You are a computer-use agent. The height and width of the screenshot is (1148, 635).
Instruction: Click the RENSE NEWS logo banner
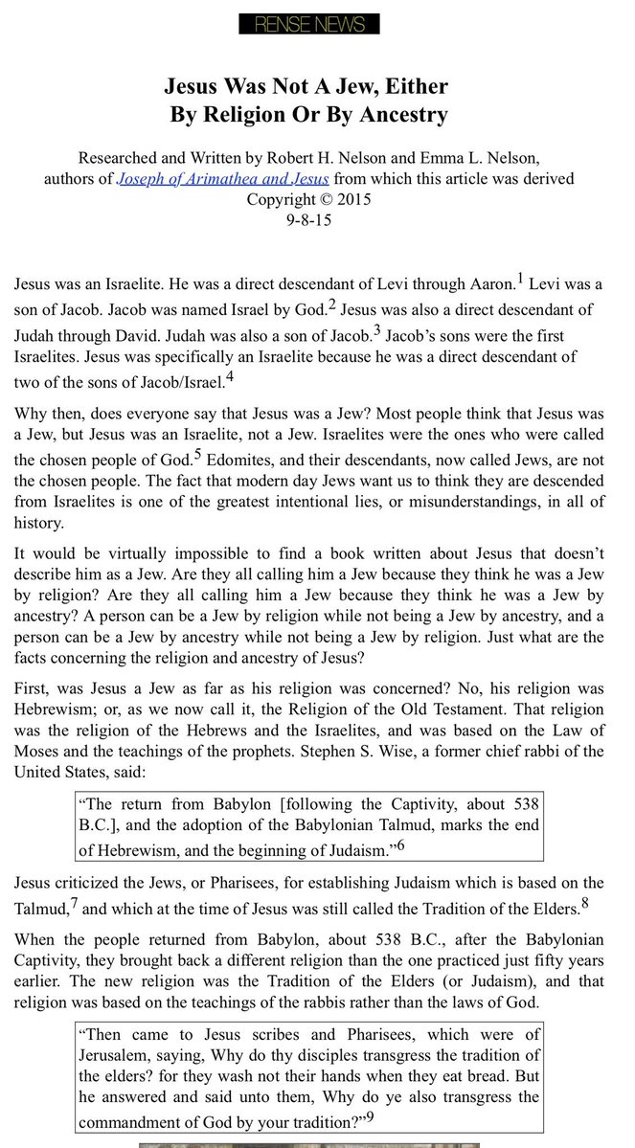pos(309,24)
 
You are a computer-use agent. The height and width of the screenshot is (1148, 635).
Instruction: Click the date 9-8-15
pos(308,219)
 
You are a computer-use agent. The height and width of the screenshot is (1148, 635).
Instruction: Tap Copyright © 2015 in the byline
pos(308,199)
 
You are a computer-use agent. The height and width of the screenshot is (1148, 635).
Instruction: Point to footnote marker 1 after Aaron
pos(520,279)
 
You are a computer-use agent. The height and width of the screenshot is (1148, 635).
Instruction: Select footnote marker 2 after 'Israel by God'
pos(331,305)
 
